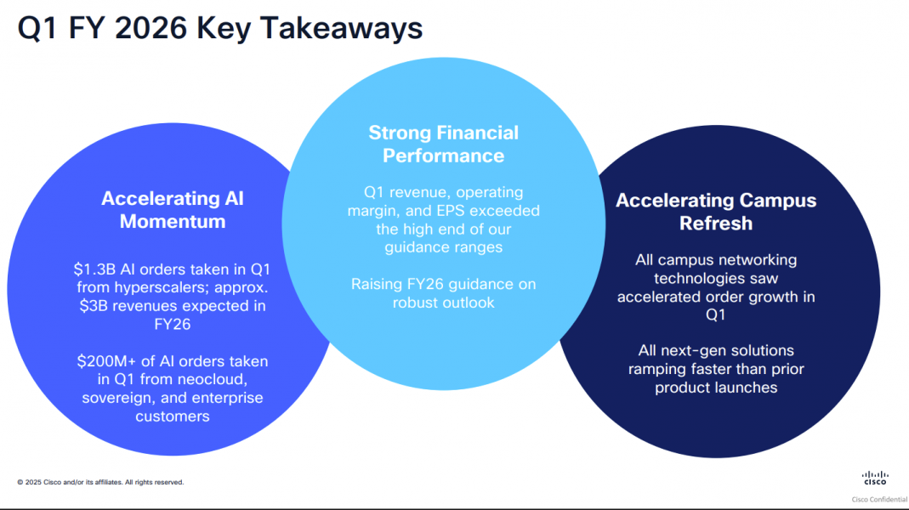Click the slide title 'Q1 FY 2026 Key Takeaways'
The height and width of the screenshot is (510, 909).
220,28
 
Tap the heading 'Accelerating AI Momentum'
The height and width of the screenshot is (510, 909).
173,210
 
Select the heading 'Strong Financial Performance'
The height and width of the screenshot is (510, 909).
443,144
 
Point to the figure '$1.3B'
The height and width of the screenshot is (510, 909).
92,269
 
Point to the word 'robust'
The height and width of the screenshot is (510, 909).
415,303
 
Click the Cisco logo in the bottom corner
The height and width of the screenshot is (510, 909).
874,478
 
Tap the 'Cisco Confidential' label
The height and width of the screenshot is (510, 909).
878,500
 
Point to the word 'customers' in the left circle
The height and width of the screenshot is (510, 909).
173,416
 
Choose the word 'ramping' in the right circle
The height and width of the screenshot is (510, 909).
657,370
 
